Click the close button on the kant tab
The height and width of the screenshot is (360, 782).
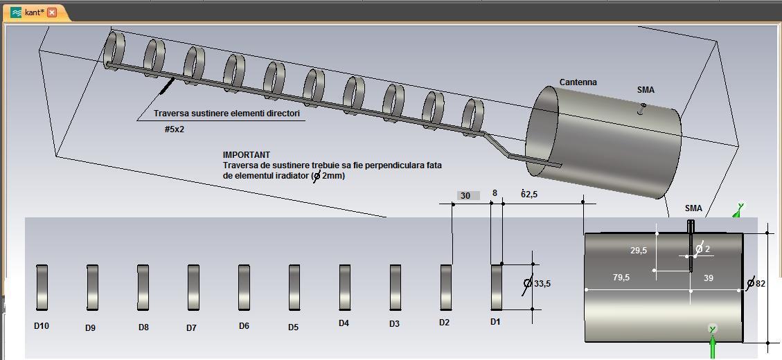[x=52, y=12]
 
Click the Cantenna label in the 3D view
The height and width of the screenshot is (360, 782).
[x=578, y=82]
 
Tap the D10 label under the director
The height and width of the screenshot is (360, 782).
[x=42, y=325]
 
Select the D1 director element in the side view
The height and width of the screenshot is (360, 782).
[x=497, y=287]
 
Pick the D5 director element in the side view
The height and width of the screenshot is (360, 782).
[x=294, y=287]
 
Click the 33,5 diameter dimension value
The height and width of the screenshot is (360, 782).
[x=542, y=284]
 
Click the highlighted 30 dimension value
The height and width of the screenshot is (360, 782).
[x=465, y=196]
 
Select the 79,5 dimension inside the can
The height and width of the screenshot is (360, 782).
[x=621, y=278]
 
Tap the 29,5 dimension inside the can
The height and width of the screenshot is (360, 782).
[x=638, y=251]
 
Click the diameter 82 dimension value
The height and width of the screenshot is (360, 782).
[x=760, y=283]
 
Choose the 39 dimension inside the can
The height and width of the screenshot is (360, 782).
[x=708, y=278]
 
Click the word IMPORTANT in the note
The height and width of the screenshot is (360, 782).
[x=246, y=155]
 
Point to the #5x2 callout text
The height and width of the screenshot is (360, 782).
[x=175, y=129]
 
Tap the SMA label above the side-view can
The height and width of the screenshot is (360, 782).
[x=693, y=208]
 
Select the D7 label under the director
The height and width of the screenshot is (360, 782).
[x=191, y=328]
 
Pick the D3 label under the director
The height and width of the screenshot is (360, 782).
[x=394, y=323]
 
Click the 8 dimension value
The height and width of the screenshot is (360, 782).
[x=495, y=194]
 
